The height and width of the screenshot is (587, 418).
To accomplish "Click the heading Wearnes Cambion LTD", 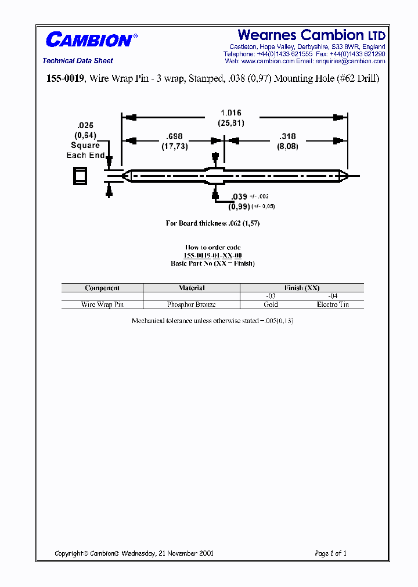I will point(311,35).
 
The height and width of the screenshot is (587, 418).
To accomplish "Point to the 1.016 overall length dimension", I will point(230,113).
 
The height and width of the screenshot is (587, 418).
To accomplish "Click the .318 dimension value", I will point(287,137).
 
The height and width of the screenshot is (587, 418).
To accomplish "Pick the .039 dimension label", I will point(239,197).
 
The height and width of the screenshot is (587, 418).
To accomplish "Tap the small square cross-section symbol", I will point(80,175).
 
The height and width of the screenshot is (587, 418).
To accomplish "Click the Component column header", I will point(102,288).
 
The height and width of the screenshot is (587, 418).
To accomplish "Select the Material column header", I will point(192,288).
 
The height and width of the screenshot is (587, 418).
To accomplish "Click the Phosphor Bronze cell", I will point(192,305).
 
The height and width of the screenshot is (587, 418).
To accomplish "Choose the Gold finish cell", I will point(271,305).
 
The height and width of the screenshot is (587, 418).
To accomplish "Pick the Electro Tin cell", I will point(333,305).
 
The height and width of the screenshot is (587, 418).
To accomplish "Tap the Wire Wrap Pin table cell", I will point(102,305).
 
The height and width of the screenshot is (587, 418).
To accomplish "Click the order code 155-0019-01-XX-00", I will point(212,255).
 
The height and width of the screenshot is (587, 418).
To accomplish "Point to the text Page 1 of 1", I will point(330,553).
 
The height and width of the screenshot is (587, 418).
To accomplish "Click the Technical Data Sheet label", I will point(78,61).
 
